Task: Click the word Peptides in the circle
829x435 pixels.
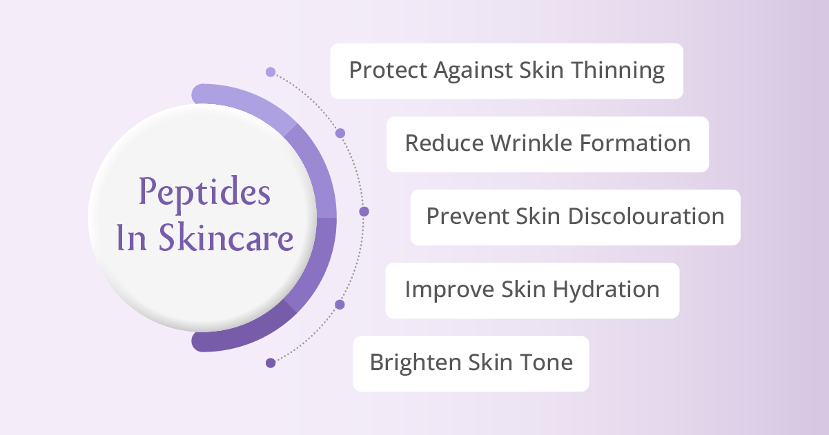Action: (x=204, y=193)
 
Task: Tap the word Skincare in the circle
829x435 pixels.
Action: (x=226, y=238)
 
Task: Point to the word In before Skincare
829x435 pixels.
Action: (x=128, y=238)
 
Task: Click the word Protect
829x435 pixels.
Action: (x=389, y=70)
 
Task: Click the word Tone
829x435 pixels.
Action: (x=548, y=363)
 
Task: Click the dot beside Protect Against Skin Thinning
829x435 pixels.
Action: (x=271, y=72)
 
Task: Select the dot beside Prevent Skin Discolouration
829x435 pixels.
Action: (x=364, y=212)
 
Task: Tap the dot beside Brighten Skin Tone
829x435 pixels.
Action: (x=271, y=363)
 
